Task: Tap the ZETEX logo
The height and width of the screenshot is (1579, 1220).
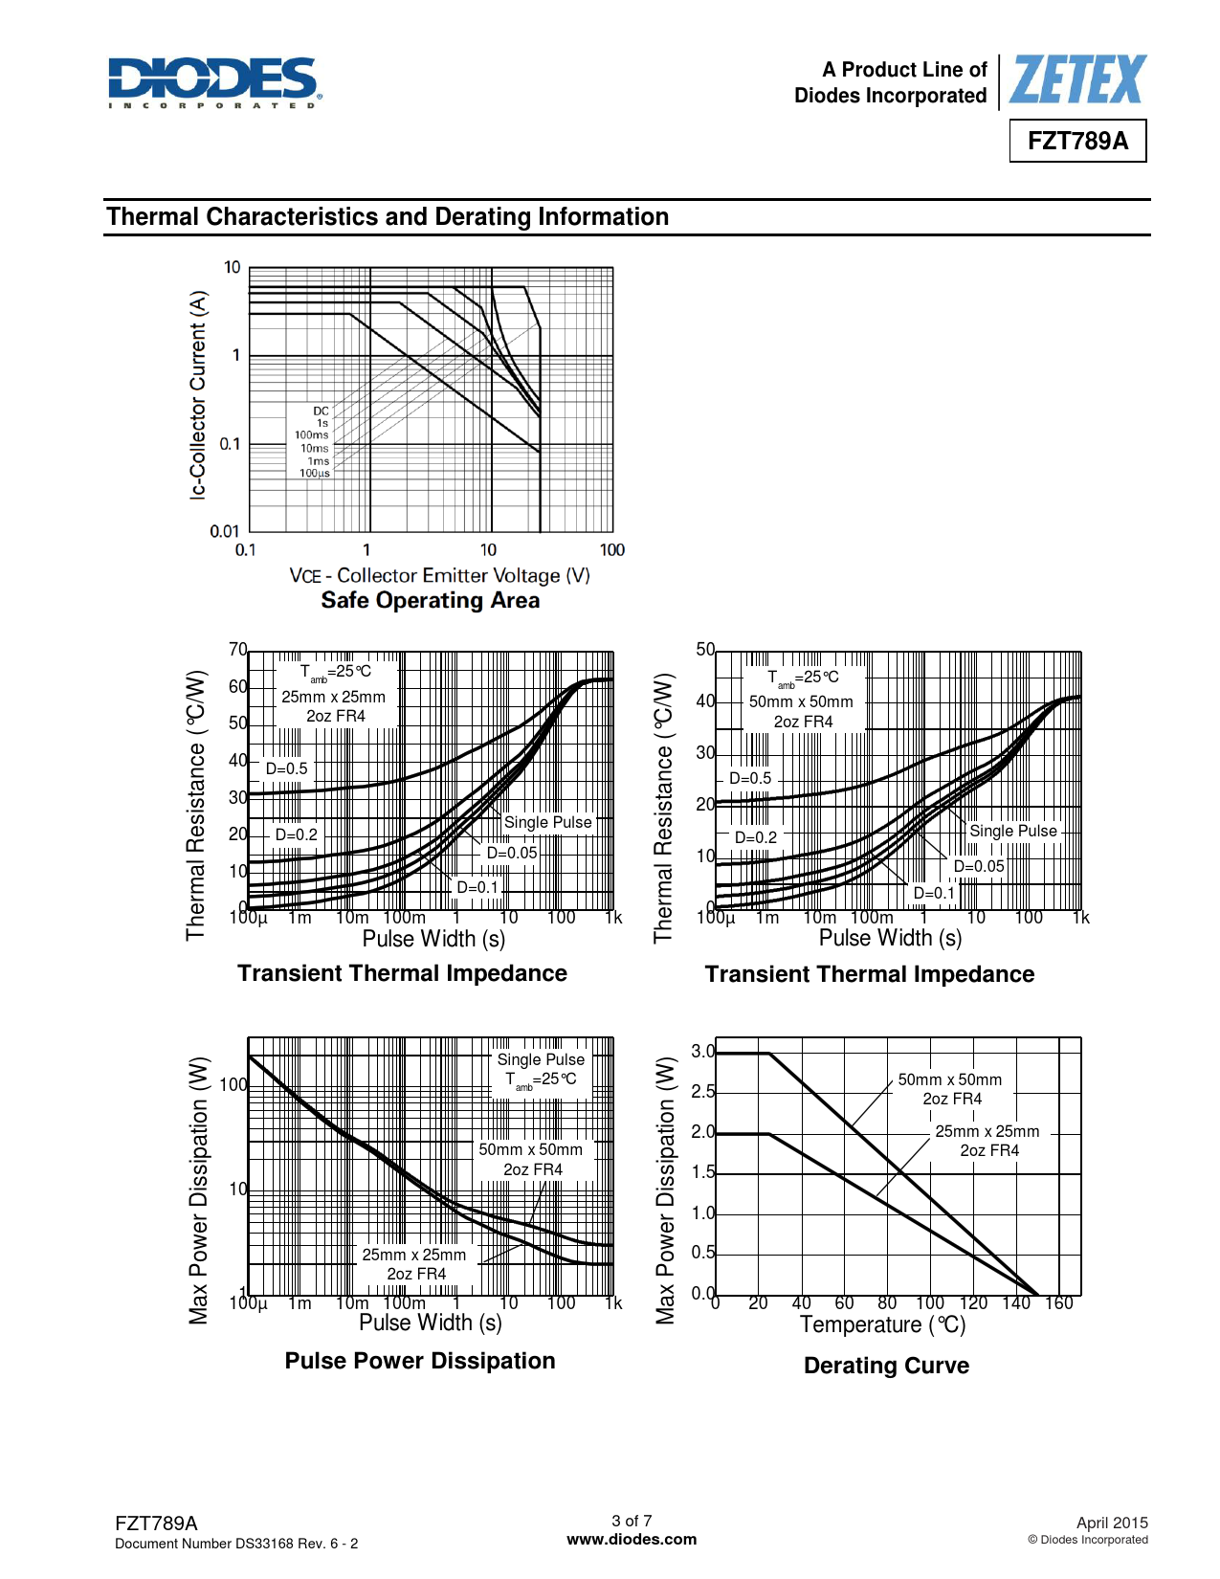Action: click(1076, 79)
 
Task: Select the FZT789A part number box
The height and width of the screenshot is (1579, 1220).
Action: click(1077, 141)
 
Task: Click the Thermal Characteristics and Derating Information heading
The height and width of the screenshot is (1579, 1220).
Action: click(388, 217)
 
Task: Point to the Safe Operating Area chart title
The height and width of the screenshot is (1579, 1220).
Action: click(430, 600)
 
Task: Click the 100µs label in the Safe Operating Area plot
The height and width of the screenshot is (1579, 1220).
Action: click(315, 474)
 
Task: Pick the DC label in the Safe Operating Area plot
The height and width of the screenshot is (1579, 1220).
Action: click(321, 411)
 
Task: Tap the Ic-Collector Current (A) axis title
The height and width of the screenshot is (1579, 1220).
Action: click(197, 394)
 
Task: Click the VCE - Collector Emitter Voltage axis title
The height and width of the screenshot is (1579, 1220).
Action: click(439, 575)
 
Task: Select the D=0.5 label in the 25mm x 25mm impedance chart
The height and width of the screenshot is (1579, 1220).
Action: click(286, 768)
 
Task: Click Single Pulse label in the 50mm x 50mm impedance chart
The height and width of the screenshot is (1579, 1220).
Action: click(1012, 831)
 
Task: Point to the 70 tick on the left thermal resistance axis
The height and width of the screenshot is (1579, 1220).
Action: click(237, 650)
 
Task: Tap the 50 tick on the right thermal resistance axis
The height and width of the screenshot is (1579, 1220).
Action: click(705, 650)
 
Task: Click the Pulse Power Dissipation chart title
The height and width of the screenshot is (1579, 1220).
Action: click(419, 1361)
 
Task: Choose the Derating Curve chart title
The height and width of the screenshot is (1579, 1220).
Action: click(886, 1366)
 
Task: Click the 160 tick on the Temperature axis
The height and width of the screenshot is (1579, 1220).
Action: click(1058, 1302)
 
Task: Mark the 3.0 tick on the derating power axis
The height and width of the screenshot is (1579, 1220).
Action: click(702, 1052)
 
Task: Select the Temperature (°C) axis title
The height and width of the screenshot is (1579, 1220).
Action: click(882, 1324)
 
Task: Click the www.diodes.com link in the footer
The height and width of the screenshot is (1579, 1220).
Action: click(632, 1540)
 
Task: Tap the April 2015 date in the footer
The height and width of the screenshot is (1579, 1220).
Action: click(1111, 1523)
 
